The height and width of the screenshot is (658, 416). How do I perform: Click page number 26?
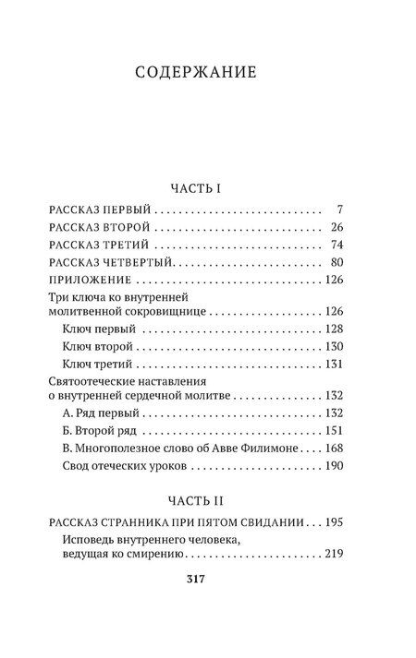(336, 227)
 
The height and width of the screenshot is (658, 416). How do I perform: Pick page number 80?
(336, 263)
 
